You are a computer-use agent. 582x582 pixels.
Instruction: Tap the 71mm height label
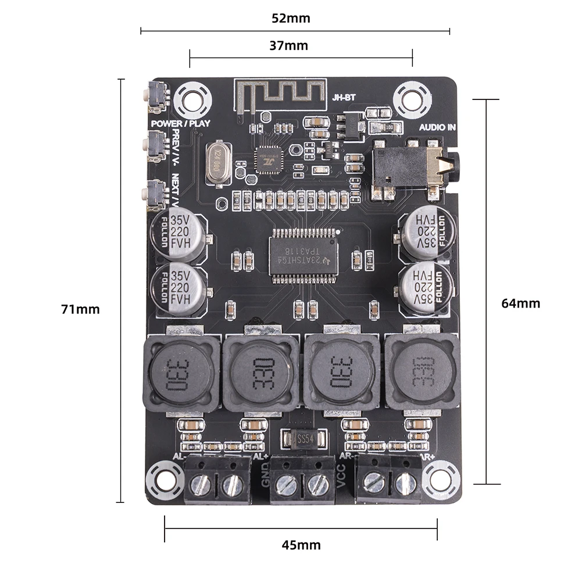[80, 309]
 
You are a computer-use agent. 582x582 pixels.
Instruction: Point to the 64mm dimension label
[520, 303]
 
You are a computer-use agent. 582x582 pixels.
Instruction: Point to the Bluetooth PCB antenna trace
[279, 94]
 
